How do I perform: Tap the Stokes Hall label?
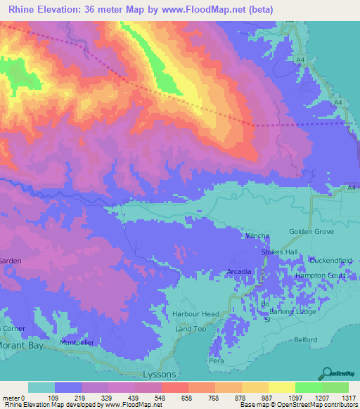coord(280,252)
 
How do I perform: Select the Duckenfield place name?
coord(330,260)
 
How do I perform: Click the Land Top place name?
coord(191,329)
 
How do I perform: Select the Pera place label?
coord(216,361)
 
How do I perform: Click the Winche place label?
coord(256,236)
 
